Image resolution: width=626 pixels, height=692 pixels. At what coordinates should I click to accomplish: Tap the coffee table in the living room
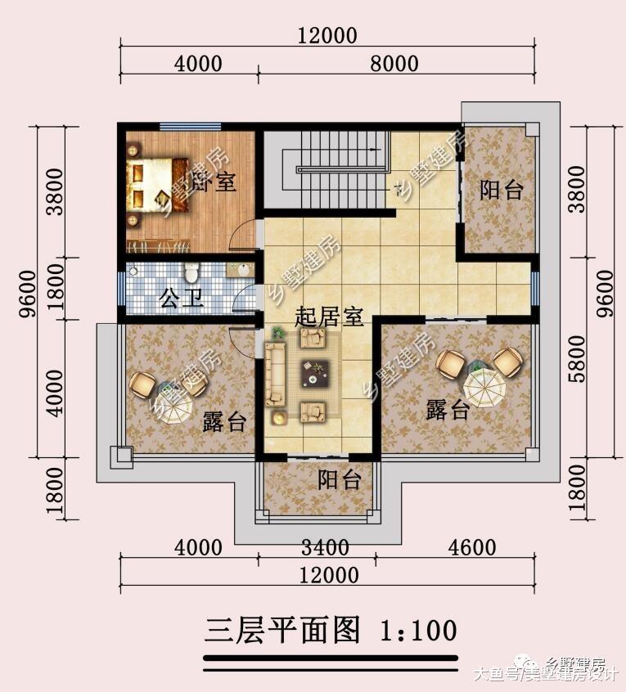click(x=313, y=372)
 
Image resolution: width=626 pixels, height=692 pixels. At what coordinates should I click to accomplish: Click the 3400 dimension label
click(x=325, y=546)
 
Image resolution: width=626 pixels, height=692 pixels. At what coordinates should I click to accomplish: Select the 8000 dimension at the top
click(x=394, y=64)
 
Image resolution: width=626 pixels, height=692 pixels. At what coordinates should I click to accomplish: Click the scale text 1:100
click(x=417, y=631)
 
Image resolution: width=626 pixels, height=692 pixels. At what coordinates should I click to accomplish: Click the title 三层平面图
click(x=283, y=631)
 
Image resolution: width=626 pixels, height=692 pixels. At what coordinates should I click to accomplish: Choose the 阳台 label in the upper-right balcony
click(x=501, y=191)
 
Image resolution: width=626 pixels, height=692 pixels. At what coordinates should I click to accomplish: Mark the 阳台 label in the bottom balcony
click(x=340, y=480)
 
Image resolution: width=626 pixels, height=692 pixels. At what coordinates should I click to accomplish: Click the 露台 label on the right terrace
click(x=448, y=410)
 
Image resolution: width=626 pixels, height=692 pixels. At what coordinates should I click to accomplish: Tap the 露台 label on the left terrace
click(x=223, y=421)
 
